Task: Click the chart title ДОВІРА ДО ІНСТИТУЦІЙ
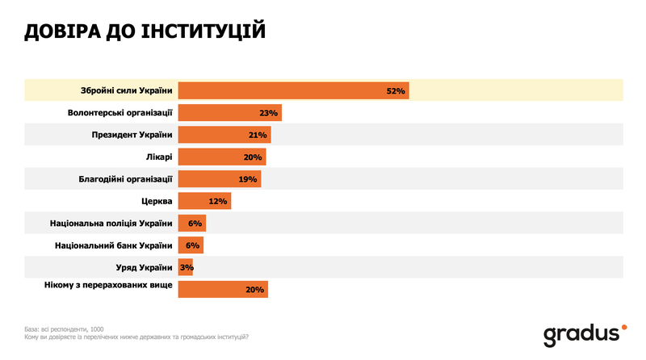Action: click(x=145, y=32)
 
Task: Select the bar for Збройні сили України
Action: click(x=293, y=90)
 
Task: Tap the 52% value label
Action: click(x=395, y=90)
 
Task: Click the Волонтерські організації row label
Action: click(x=120, y=113)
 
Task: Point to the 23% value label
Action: click(x=269, y=113)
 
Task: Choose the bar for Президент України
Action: click(x=224, y=135)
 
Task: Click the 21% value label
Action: click(x=258, y=135)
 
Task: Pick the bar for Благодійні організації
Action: click(x=219, y=178)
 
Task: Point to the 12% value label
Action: click(x=219, y=201)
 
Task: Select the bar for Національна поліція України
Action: click(x=191, y=223)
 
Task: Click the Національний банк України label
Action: click(x=114, y=245)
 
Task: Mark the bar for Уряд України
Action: click(x=185, y=267)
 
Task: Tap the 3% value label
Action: click(x=187, y=267)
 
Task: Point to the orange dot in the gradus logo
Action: click(x=623, y=328)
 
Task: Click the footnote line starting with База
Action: click(x=65, y=329)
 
